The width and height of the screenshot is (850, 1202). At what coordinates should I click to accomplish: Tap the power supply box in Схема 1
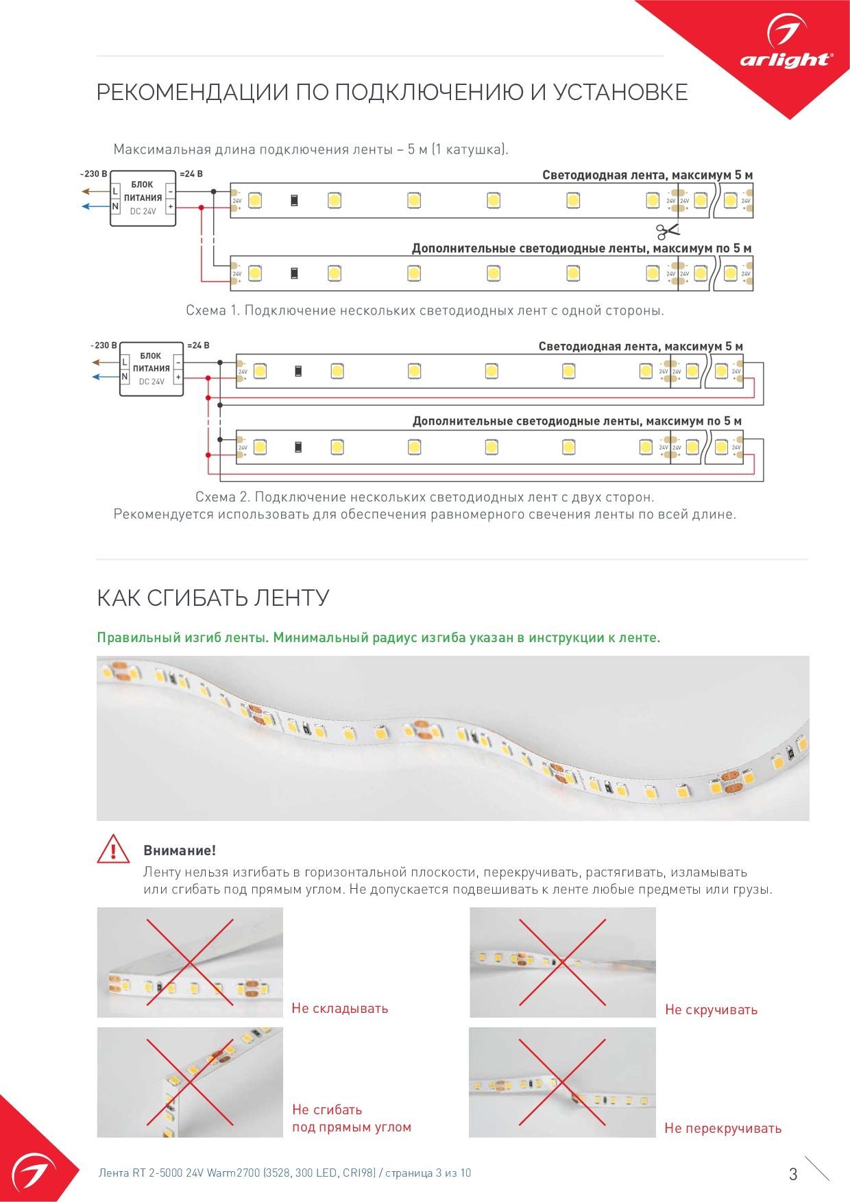(143, 199)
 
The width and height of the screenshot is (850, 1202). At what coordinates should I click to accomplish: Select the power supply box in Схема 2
(151, 369)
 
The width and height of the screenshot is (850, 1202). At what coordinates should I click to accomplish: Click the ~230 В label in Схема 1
(93, 174)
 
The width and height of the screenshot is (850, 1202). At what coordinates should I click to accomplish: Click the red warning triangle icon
(113, 850)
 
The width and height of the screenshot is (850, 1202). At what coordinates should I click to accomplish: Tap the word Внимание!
(180, 850)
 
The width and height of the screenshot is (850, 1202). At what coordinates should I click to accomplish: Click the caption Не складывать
(340, 1008)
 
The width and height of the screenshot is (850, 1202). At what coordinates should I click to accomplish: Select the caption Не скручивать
(711, 1009)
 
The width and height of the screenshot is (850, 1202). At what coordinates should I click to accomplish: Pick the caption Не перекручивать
(722, 1128)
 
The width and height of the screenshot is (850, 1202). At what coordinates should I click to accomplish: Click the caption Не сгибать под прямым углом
(351, 1118)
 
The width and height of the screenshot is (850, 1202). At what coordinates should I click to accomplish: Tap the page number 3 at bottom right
(793, 1174)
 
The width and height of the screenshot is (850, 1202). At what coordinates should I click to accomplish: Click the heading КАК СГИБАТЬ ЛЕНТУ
(213, 598)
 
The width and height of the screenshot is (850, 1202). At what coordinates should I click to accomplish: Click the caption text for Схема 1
(425, 310)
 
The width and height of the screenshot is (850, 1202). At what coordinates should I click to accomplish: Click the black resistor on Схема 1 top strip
(294, 200)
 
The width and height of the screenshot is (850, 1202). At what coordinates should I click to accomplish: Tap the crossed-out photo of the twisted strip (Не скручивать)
(562, 962)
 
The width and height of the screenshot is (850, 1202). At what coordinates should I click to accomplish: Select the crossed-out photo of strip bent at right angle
(190, 1082)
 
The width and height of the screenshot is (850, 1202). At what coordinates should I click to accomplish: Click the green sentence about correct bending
(378, 637)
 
